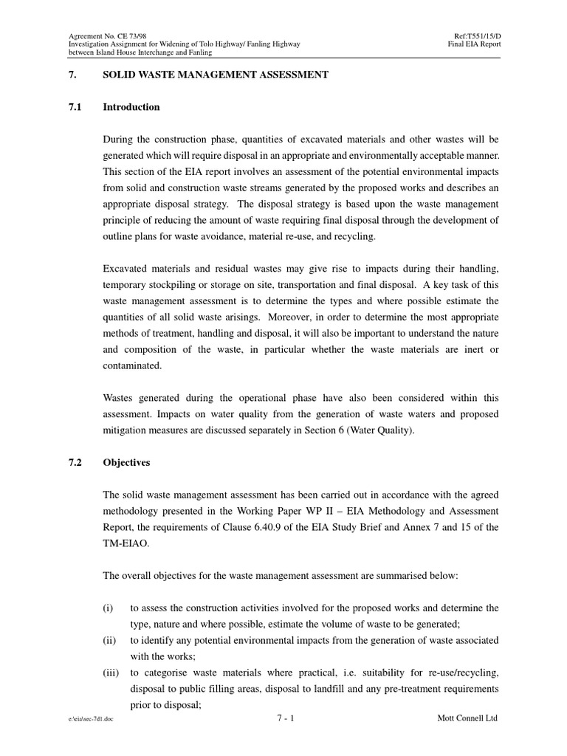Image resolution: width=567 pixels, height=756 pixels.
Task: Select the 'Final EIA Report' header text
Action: (x=474, y=44)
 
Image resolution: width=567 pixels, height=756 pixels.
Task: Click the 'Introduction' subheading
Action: (x=131, y=107)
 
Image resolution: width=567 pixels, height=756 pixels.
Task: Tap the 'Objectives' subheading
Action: (x=126, y=463)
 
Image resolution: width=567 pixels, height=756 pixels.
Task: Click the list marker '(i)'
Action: (x=108, y=608)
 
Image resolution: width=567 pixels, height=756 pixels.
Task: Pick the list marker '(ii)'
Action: (x=109, y=640)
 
